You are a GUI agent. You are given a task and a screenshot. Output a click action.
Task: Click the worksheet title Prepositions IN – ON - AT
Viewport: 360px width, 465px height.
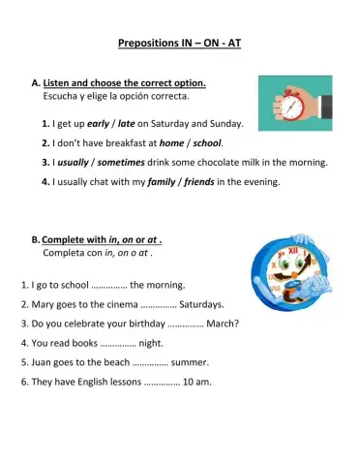(179, 43)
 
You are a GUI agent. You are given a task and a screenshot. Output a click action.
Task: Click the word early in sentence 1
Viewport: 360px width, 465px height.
(97, 124)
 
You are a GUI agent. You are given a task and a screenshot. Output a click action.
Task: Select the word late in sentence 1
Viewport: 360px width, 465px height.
(126, 124)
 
